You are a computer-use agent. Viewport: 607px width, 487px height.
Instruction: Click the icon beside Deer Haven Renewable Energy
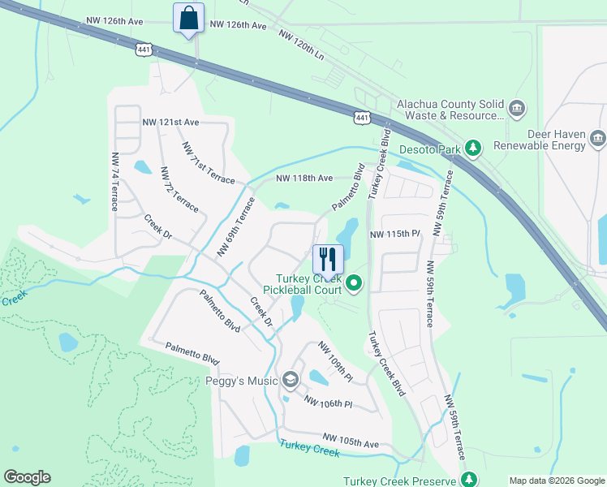597,139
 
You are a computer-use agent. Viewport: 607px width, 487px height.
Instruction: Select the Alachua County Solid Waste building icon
516,108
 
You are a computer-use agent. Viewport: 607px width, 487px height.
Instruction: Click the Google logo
27,477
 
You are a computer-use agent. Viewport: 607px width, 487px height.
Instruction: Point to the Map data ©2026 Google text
556,480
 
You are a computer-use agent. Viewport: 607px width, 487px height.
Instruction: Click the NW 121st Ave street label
170,122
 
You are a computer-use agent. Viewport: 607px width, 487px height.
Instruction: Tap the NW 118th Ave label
304,178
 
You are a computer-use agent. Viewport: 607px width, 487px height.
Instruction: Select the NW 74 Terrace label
114,181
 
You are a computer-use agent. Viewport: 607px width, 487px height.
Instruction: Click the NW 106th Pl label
328,402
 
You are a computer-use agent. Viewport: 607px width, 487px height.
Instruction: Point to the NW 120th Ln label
301,44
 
